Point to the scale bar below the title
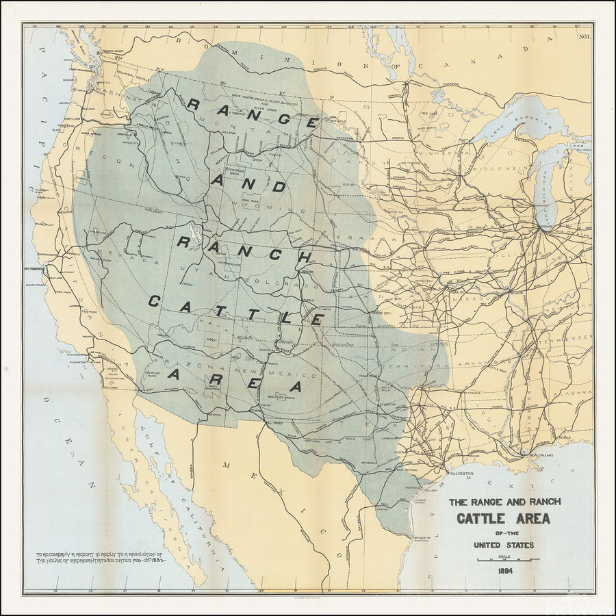coord(504,560)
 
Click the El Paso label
coord(274,424)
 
